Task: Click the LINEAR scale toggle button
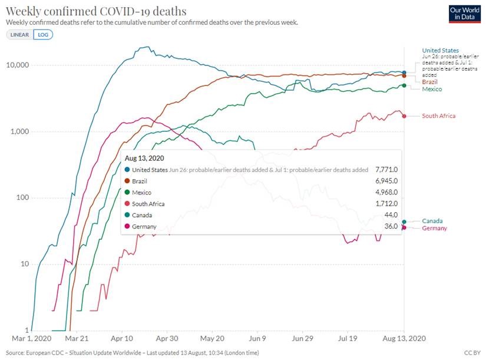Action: click(x=20, y=34)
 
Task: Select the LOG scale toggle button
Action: click(x=43, y=34)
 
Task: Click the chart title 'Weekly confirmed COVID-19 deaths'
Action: click(x=96, y=11)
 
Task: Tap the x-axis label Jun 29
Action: click(x=302, y=339)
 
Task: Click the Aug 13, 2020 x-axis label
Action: click(x=404, y=339)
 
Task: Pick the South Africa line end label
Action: click(x=438, y=116)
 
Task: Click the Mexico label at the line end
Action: click(x=432, y=89)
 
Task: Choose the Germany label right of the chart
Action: click(x=434, y=228)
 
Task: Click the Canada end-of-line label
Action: click(x=432, y=220)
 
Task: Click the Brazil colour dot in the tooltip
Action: click(x=128, y=181)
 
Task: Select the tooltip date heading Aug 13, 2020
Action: click(x=145, y=158)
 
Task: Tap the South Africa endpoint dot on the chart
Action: click(x=404, y=116)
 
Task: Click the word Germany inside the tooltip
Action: click(x=144, y=226)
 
